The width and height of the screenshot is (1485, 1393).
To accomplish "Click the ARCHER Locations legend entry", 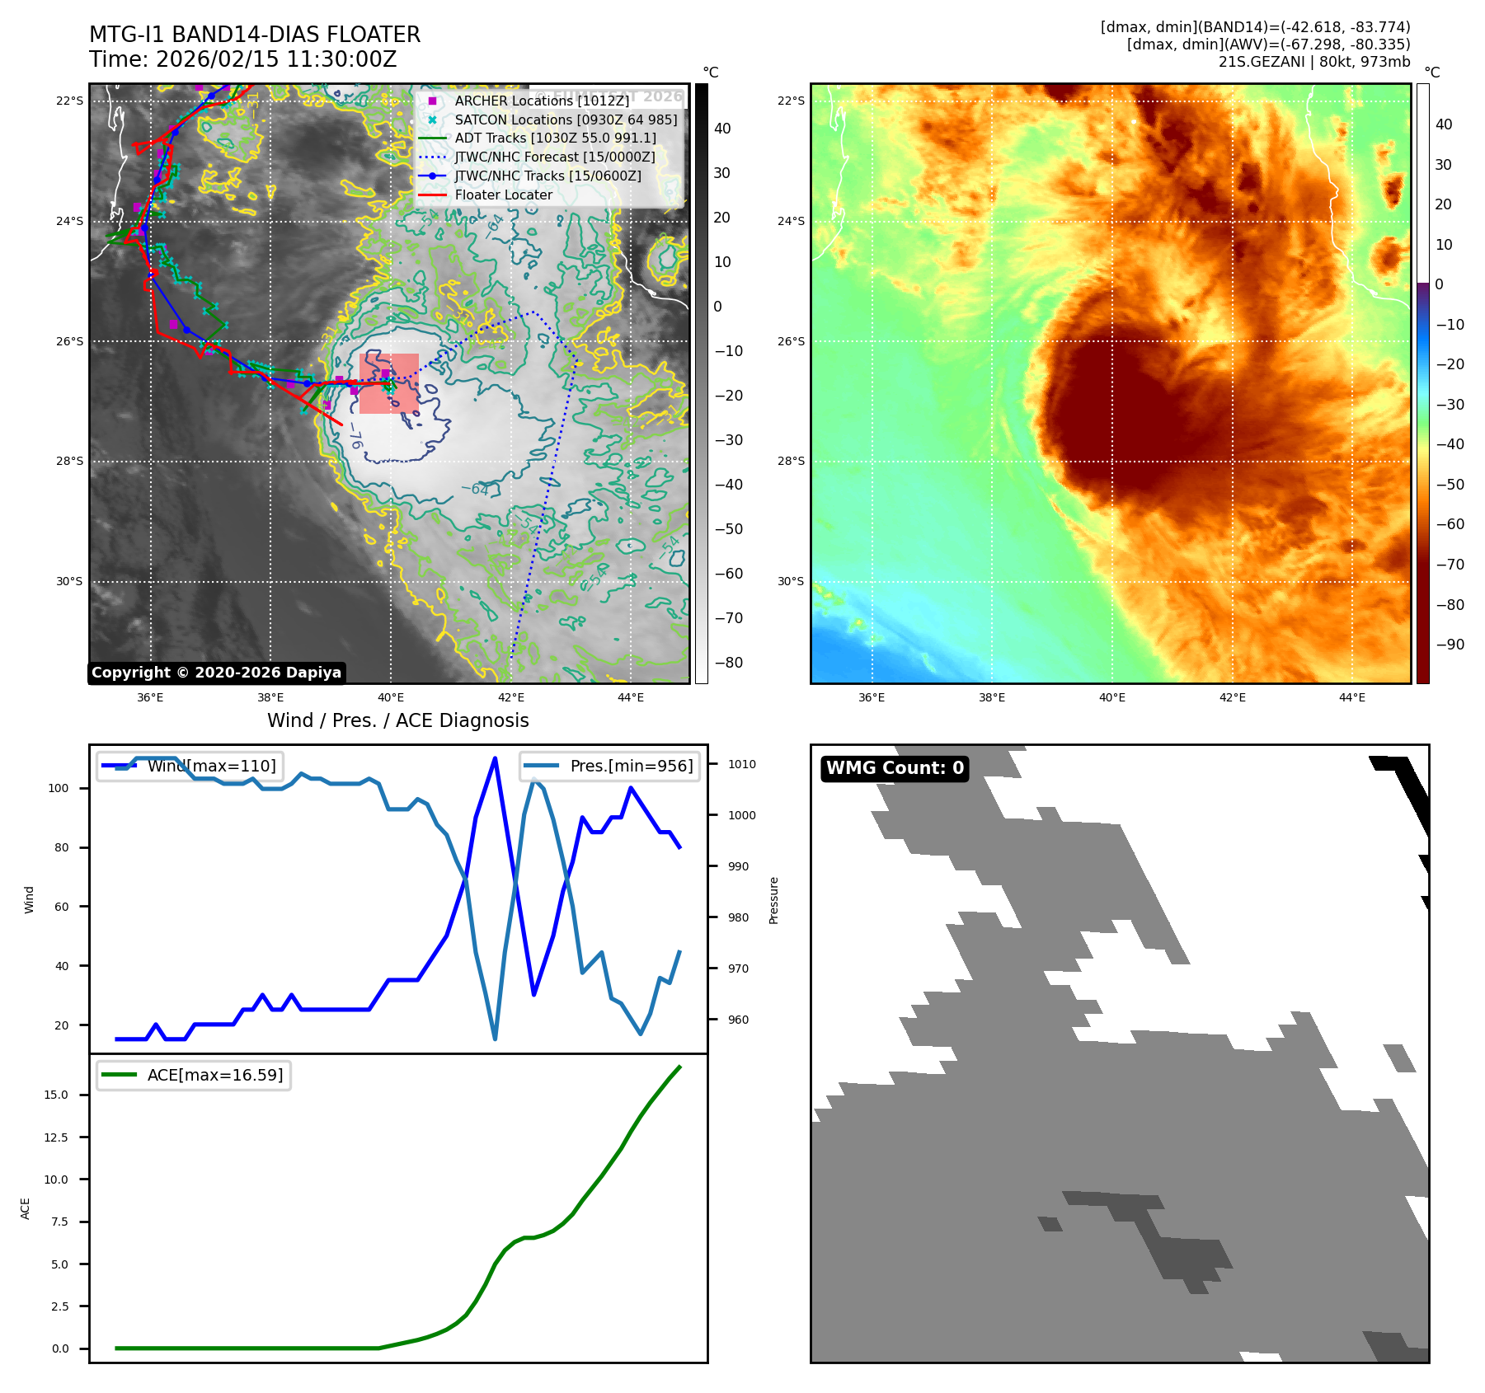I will pos(541,101).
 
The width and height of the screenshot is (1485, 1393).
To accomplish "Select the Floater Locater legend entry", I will pos(503,195).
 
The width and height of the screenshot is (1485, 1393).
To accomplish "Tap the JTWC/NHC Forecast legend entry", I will pos(554,157).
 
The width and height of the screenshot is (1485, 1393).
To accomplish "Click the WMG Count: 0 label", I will pos(895,768).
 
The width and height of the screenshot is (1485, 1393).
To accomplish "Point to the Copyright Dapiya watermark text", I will pos(216,673).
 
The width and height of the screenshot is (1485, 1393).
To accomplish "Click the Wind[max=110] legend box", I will pos(190,766).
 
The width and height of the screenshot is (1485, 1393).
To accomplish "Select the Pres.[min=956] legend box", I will pos(610,766).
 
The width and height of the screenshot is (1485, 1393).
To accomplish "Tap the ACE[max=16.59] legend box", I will pos(194,1075).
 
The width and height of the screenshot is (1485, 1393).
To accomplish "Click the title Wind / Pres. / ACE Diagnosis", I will pos(398,720).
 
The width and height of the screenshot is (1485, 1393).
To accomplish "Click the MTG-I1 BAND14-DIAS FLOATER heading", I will pos(255,35).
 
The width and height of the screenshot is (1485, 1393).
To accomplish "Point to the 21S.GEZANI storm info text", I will pos(1314,62).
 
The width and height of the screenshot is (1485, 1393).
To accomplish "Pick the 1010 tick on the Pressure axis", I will pos(742,764).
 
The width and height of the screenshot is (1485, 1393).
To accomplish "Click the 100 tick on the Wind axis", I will pos(59,788).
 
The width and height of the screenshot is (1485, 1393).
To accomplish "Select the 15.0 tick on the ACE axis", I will pos(56,1095).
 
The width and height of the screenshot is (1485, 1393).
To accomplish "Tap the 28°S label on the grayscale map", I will pos(69,461).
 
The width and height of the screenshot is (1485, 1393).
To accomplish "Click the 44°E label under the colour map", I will pos(1352,697).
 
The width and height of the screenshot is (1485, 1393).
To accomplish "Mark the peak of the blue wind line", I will pos(495,758).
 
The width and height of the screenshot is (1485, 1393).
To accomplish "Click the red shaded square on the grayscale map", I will pos(388,383).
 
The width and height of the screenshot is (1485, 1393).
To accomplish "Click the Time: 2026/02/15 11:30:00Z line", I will pos(243,59).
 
